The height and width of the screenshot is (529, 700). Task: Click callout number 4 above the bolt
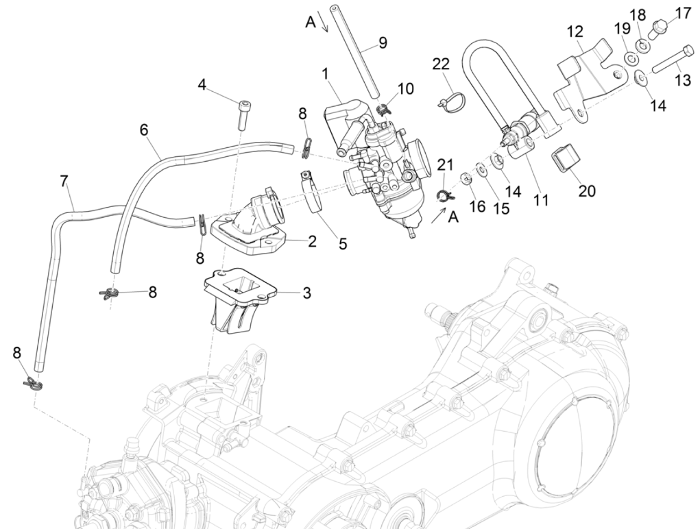(x=202, y=85)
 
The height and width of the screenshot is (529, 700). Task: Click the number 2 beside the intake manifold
(x=312, y=241)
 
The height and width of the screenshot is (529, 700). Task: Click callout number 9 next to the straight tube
(x=382, y=42)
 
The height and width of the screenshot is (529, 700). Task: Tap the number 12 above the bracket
(x=574, y=32)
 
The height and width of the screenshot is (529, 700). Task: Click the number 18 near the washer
(x=638, y=14)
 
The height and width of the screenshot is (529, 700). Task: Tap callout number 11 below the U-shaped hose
(x=542, y=200)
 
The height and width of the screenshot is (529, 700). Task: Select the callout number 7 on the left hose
(x=64, y=182)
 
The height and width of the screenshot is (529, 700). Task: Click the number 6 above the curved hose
(x=145, y=129)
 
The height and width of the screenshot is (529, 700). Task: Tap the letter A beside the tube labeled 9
(x=310, y=22)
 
